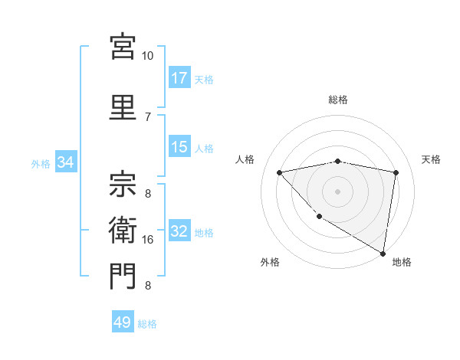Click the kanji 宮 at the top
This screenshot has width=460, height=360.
123,46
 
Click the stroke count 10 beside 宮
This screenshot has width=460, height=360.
148,56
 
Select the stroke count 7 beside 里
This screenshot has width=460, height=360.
148,116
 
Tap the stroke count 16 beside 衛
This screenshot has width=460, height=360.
148,240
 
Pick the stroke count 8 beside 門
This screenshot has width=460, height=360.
148,286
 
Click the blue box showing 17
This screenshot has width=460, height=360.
179,78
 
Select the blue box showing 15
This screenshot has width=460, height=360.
179,147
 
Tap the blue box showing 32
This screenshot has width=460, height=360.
179,232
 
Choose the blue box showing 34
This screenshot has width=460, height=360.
65,162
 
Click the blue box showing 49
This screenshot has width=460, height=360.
123,322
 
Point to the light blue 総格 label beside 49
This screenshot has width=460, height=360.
148,324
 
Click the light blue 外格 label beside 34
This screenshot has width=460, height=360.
41,163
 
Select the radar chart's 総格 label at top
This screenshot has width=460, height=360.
338,100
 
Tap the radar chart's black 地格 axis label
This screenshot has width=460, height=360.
402,262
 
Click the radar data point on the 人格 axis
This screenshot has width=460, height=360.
280,172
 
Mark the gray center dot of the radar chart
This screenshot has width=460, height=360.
338,191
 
